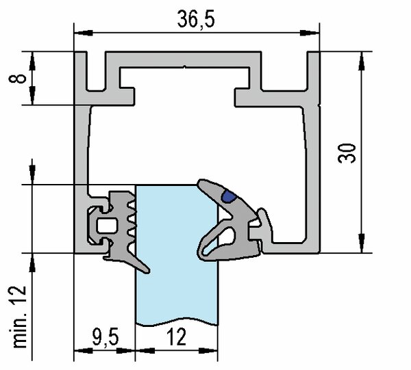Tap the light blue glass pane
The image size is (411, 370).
coord(177,287)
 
